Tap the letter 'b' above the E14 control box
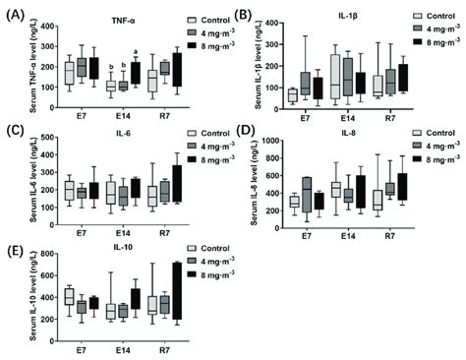coord(111,68)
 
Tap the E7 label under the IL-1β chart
coord(307,118)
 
